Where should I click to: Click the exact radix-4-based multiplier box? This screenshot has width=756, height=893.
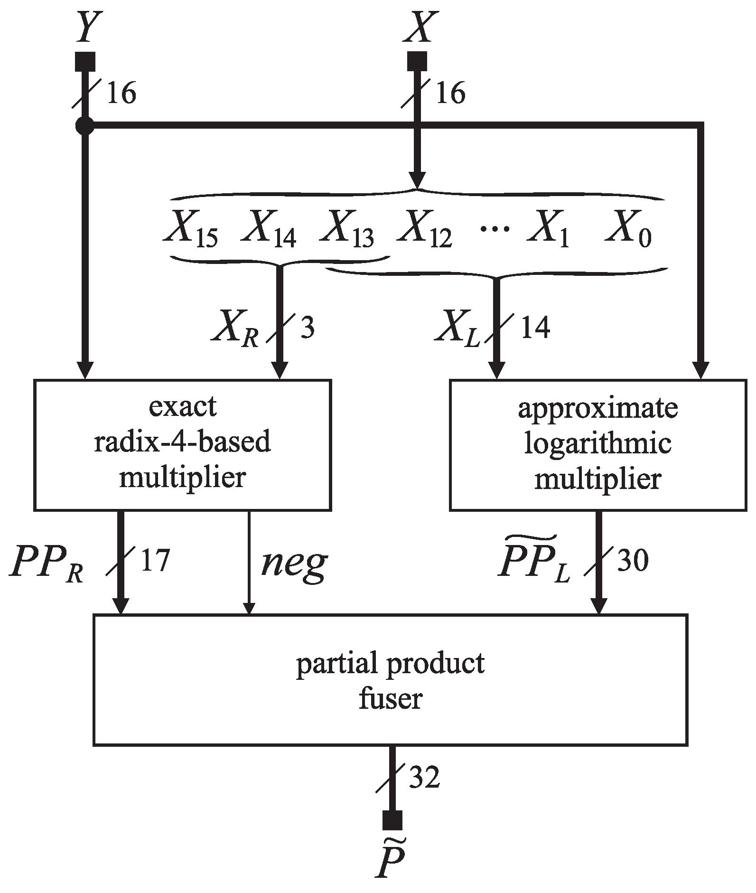coord(182,445)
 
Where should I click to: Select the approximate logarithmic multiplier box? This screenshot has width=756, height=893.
coord(597,445)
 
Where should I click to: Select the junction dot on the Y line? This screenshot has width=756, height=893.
coord(85,125)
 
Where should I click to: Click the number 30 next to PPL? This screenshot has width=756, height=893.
coord(633,561)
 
